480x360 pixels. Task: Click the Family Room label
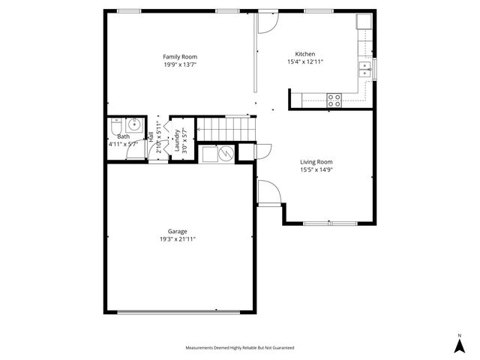(180, 56)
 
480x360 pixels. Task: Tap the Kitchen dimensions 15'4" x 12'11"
(305, 62)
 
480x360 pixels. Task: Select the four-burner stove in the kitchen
(334, 99)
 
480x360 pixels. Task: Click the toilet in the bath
(116, 125)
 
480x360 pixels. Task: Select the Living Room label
(316, 161)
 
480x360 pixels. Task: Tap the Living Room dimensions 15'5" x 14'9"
(316, 169)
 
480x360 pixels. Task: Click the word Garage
(178, 231)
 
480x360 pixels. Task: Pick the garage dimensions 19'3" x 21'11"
(178, 239)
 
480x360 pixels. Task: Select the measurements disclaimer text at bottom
(240, 348)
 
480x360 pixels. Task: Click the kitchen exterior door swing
(267, 24)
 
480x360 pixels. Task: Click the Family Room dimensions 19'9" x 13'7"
(180, 64)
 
